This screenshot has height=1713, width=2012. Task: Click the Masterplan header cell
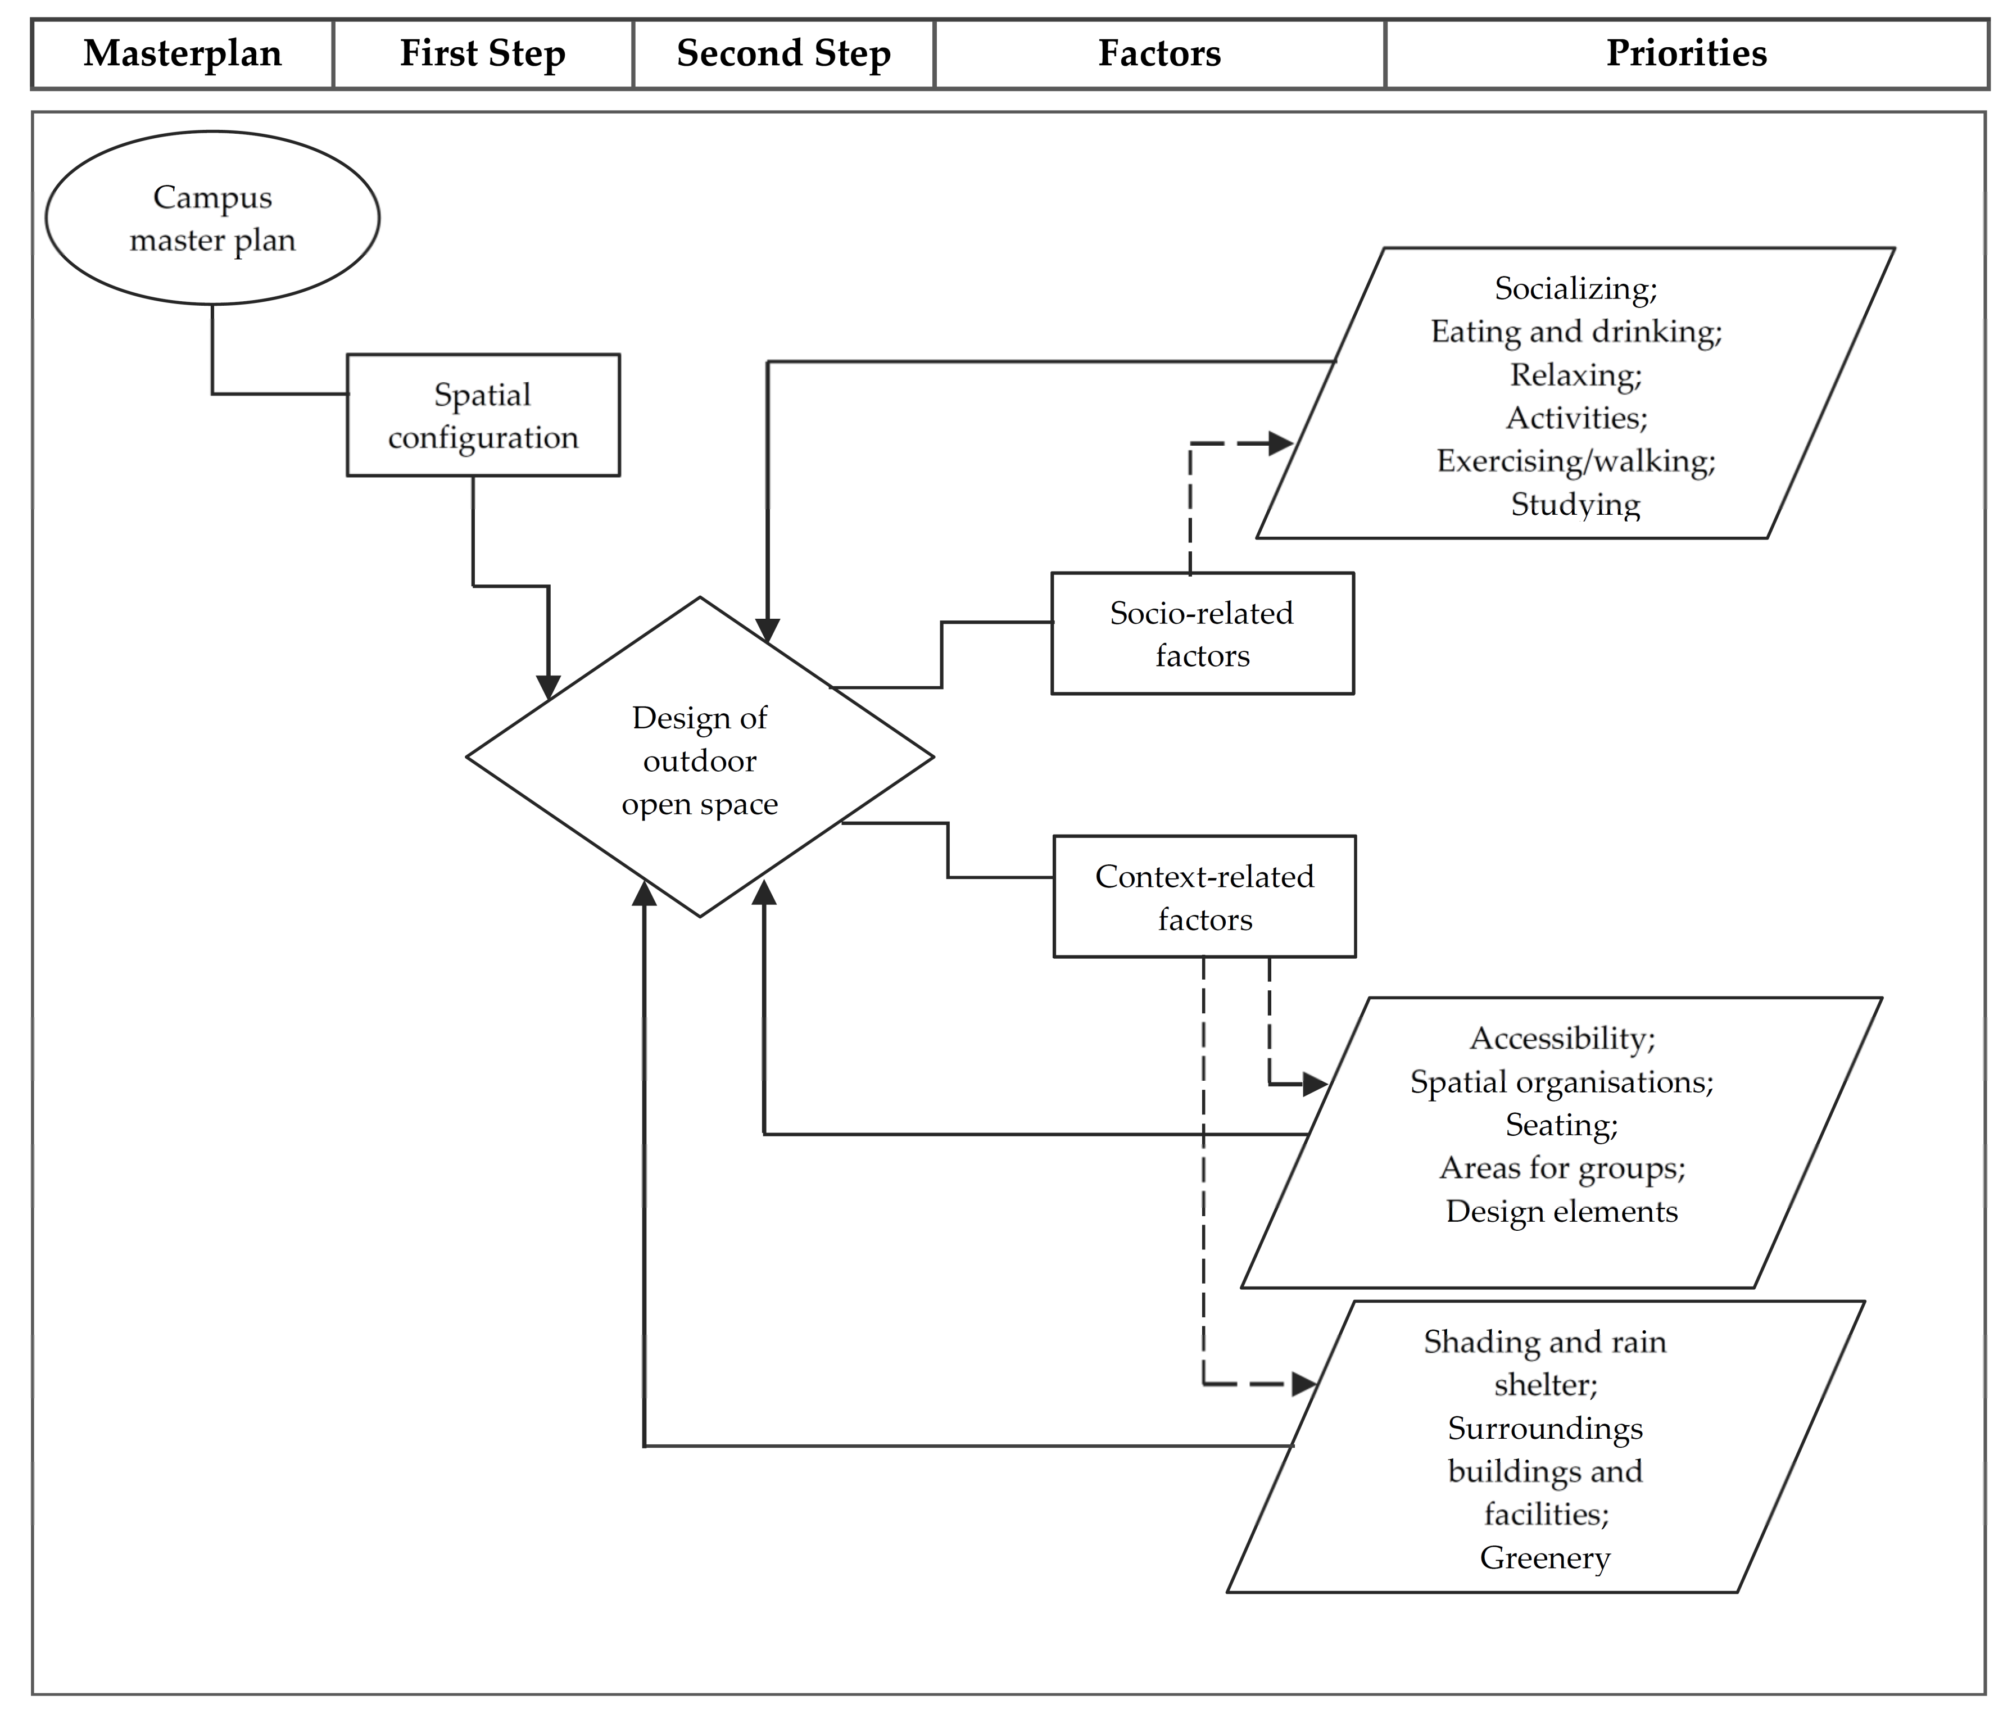click(183, 53)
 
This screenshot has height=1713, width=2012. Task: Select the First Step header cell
click(483, 53)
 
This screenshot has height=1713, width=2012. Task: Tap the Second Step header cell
click(783, 53)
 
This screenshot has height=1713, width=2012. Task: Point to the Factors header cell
click(1159, 53)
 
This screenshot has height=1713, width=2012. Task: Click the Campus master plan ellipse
click(212, 219)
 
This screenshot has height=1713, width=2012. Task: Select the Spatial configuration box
click(483, 416)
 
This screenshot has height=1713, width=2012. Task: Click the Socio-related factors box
click(1202, 634)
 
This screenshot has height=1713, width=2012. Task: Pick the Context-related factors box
click(1204, 898)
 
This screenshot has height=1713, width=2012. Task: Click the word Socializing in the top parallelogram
click(1575, 288)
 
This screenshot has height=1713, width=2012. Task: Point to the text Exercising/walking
click(1575, 460)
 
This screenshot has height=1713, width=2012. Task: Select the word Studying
click(1575, 504)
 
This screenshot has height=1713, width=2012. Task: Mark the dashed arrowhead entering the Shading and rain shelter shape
click(1304, 1384)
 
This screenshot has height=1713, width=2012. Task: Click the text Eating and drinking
click(1575, 331)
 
